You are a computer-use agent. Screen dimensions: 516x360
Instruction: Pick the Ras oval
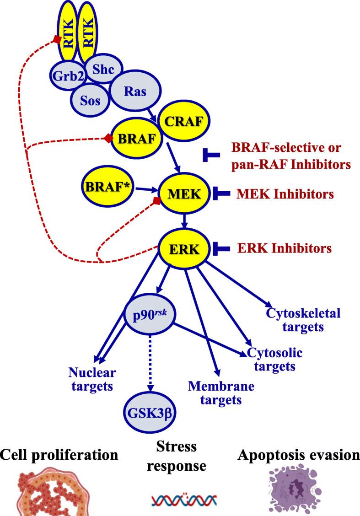click(135, 91)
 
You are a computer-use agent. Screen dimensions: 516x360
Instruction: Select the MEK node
click(183, 194)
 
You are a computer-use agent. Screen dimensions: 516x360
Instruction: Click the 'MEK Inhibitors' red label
click(285, 194)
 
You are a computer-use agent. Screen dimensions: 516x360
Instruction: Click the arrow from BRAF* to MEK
click(146, 190)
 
